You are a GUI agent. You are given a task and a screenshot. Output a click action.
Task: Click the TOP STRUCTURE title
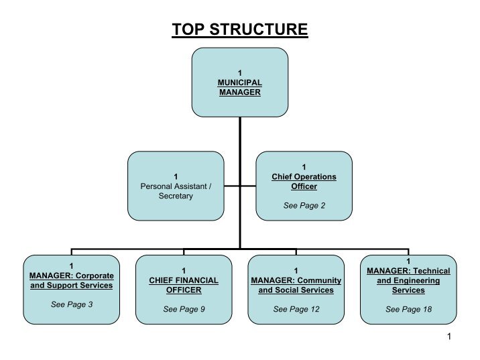pos(239,29)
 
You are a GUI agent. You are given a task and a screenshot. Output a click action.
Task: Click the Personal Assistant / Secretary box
pos(175,186)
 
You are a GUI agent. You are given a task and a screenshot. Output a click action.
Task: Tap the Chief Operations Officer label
pos(304,181)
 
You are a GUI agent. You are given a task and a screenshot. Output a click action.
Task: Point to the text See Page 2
pos(304,206)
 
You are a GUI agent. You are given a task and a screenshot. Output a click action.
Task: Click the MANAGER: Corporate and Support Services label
pos(72,280)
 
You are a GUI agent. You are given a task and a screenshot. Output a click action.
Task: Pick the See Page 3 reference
pos(72,304)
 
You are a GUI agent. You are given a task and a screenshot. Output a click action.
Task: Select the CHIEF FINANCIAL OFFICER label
pos(183,285)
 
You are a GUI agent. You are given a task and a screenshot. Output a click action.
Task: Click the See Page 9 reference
pos(184,309)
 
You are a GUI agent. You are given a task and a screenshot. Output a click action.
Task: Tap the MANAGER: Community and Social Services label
pos(296,285)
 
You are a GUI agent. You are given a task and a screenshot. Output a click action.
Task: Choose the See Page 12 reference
pos(296,309)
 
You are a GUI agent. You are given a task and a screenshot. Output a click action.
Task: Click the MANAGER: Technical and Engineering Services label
pos(408,280)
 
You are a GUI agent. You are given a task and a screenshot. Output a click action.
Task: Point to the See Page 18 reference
pos(408,309)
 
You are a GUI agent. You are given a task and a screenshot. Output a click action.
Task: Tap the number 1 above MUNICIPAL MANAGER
pos(239,72)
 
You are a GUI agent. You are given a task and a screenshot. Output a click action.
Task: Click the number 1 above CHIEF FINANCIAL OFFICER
pos(183,270)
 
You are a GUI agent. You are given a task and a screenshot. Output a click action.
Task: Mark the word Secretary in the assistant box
pos(176,196)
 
